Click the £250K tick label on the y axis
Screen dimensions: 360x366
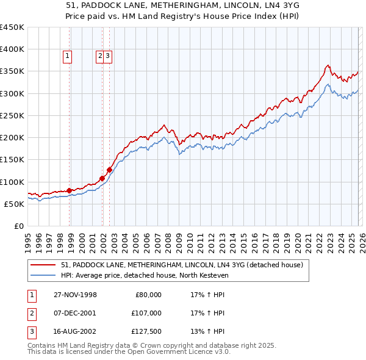click(12, 115)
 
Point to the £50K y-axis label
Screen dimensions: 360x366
click(14, 204)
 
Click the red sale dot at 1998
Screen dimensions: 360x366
click(70, 190)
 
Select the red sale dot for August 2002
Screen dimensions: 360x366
click(109, 170)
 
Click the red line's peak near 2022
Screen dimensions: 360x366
click(328, 65)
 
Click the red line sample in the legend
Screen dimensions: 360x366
click(43, 265)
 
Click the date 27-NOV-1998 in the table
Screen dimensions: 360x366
click(76, 295)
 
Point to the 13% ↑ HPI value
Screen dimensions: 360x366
click(208, 332)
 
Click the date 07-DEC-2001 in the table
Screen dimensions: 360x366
click(76, 313)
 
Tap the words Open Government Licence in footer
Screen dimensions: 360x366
click(179, 352)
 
